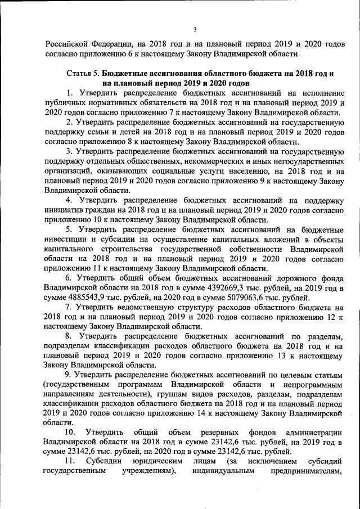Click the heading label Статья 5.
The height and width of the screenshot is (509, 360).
84,74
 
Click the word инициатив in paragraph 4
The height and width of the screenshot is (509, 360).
65,209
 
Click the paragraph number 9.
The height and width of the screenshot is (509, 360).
68,374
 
